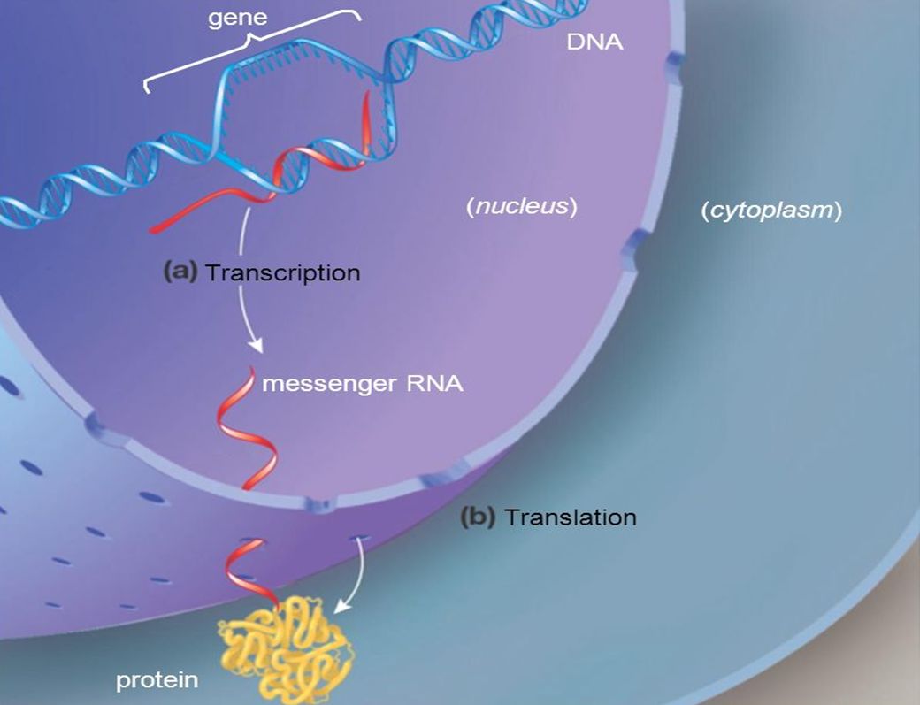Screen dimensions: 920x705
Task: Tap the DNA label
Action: coord(594,41)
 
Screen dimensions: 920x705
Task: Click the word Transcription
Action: coord(282,272)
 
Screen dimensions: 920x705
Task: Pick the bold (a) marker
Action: coord(180,272)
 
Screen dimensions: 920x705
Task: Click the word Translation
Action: coord(570,517)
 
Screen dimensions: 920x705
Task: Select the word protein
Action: coord(157,681)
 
